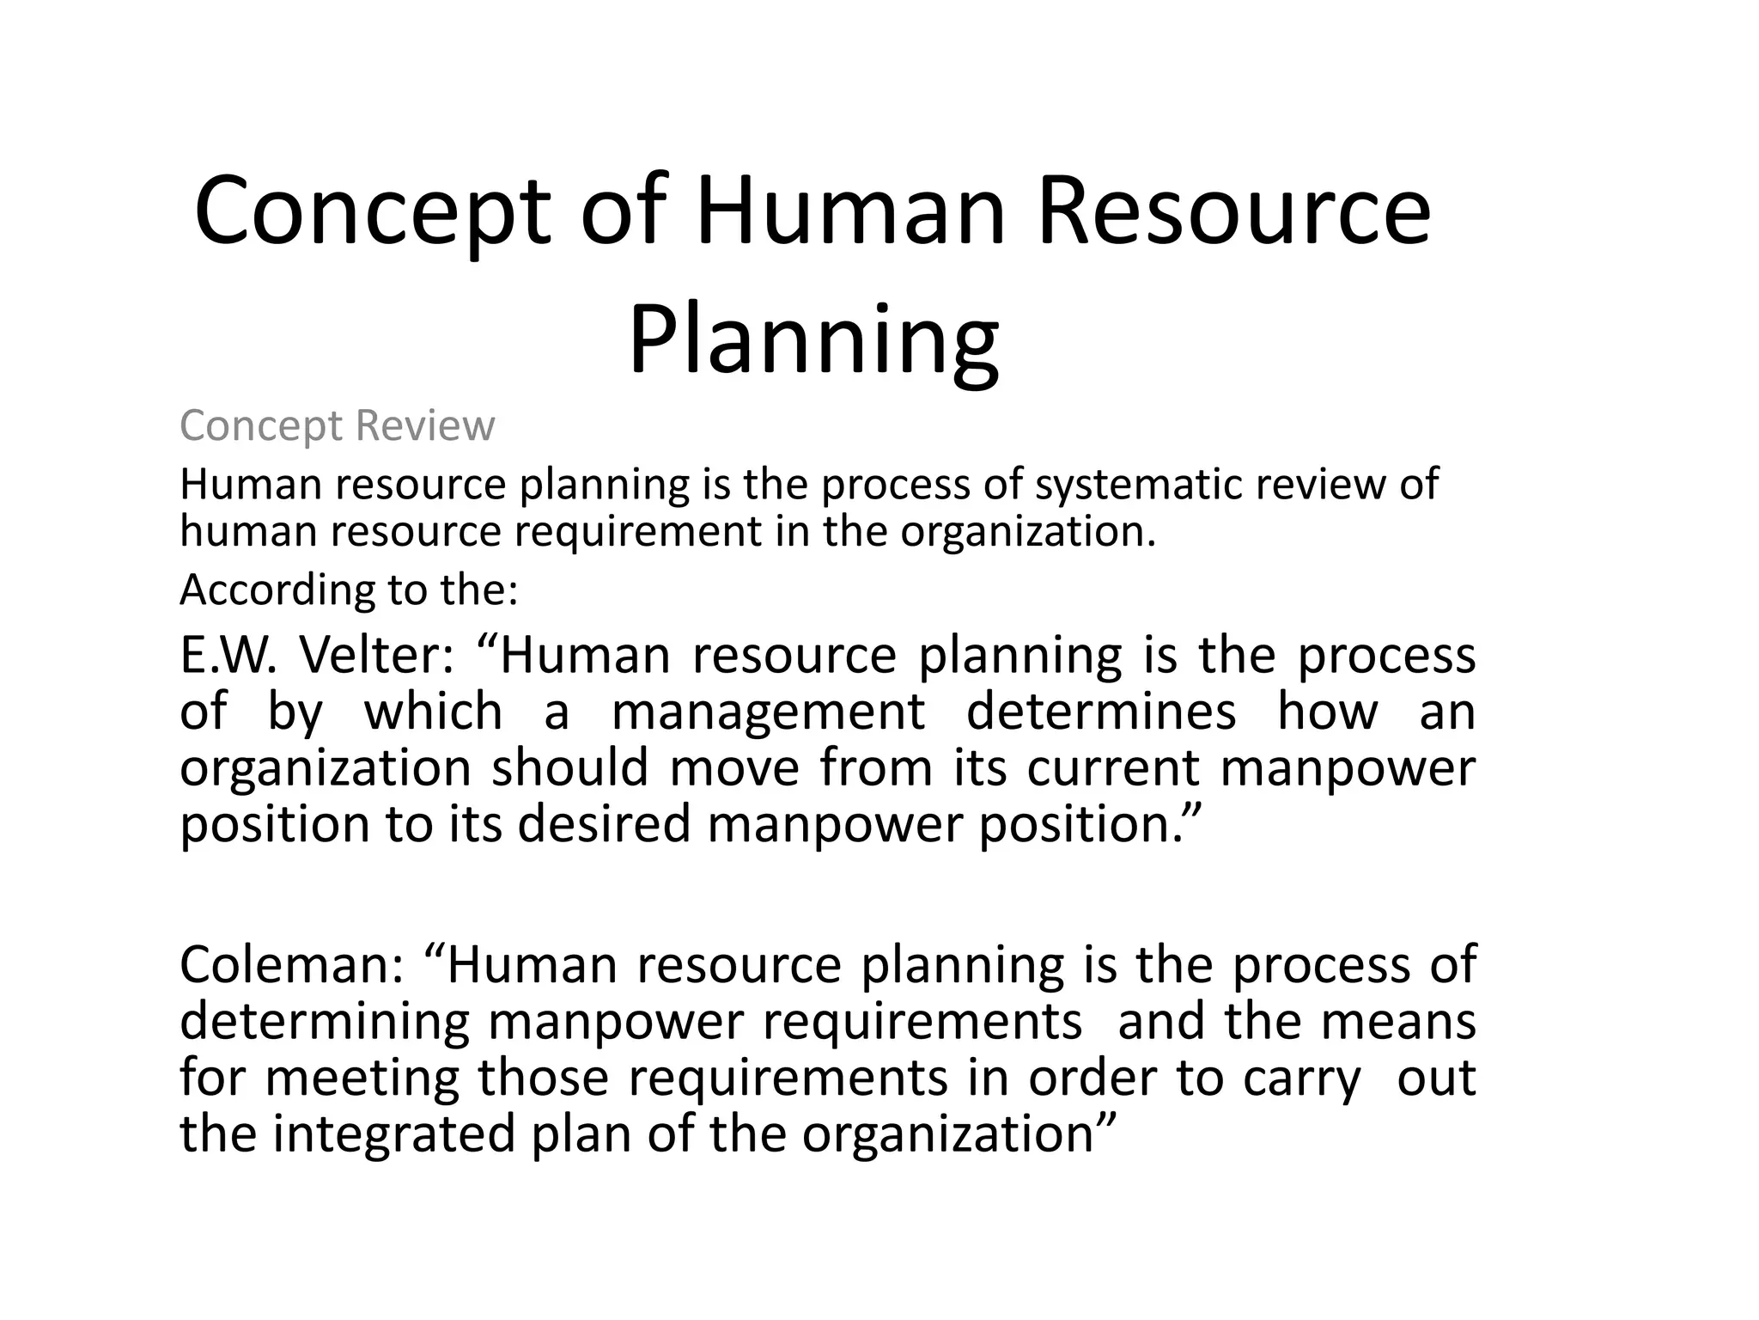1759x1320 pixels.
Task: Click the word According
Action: [277, 591]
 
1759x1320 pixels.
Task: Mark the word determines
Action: [1101, 712]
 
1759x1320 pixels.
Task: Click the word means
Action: [1398, 1022]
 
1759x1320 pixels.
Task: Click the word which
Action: [433, 712]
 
